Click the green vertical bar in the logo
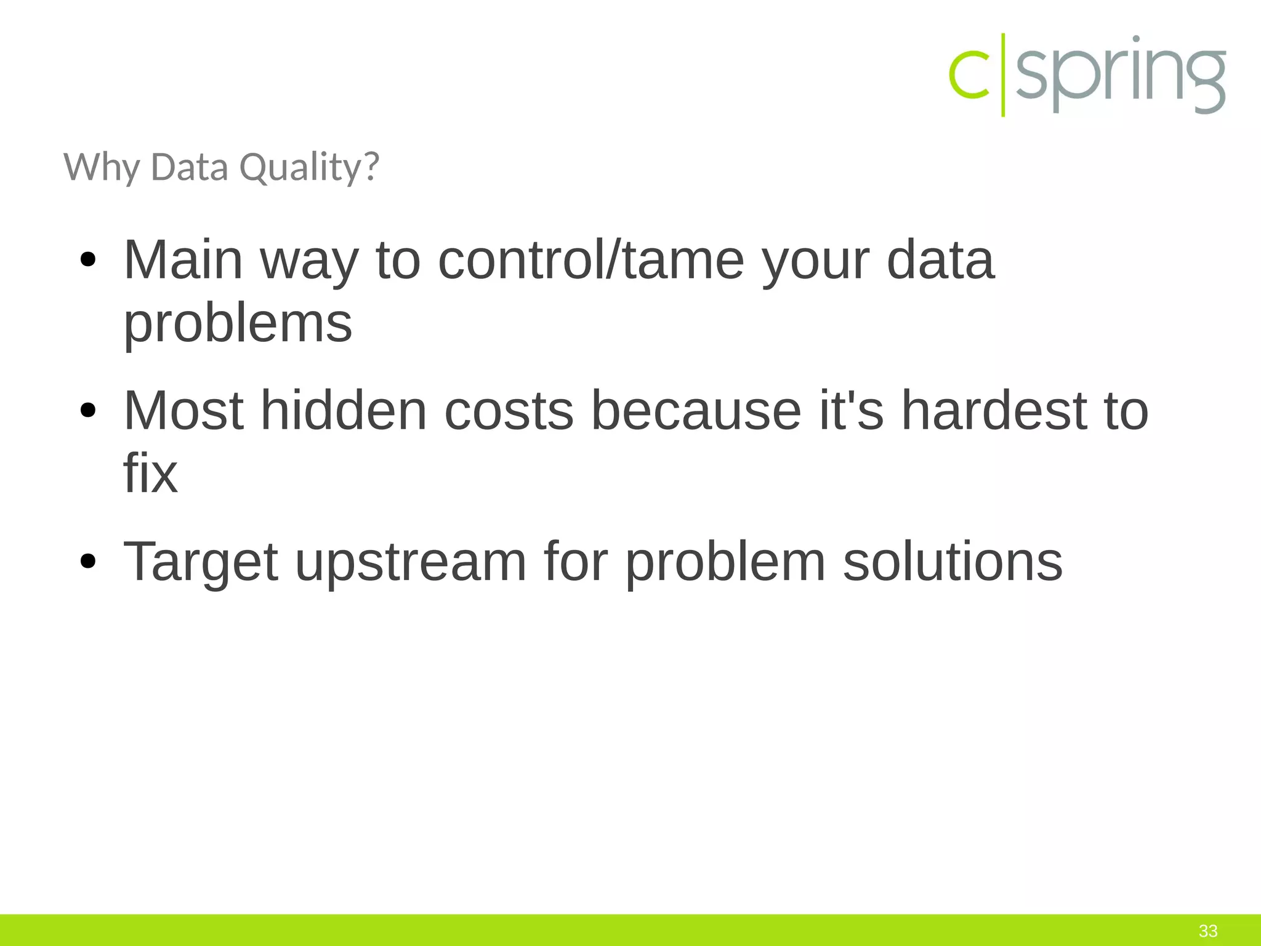coord(1003,75)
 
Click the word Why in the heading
coord(102,168)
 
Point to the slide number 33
coord(1208,931)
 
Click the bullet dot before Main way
coord(88,261)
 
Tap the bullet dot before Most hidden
coord(88,411)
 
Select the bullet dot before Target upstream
coord(88,562)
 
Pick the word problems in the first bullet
coord(238,325)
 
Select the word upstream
coord(411,562)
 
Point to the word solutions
coord(952,562)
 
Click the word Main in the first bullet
coord(183,260)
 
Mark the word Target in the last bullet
coord(201,562)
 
